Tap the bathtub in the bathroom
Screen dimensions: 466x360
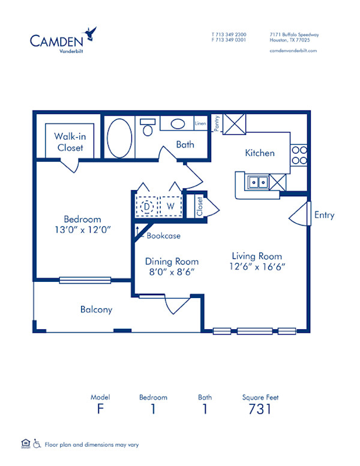point(120,137)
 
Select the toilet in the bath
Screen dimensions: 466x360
point(148,127)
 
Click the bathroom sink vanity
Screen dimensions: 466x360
point(176,124)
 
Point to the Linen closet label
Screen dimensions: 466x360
point(200,124)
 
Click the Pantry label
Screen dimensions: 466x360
point(217,122)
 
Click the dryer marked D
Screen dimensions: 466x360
point(146,206)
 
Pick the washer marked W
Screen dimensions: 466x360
point(170,206)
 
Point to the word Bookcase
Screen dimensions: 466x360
point(164,236)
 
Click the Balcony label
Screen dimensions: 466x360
point(96,309)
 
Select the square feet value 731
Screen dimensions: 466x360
point(260,409)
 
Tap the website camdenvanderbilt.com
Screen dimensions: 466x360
point(293,51)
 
